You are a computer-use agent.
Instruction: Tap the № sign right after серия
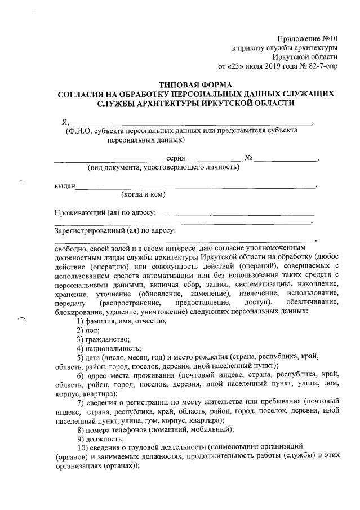click(247, 158)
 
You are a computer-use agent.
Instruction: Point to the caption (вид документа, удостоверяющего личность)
click(163, 167)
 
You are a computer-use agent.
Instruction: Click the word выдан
click(64, 185)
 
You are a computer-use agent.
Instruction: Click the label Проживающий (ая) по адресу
click(104, 213)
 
